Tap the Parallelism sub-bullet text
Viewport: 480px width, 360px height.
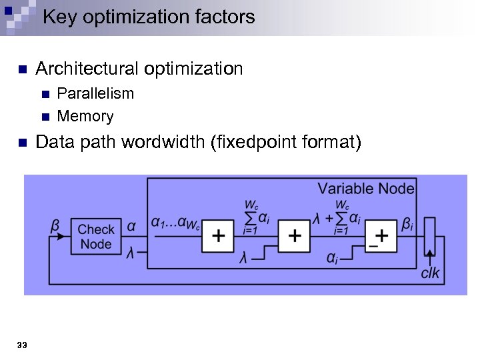(x=95, y=93)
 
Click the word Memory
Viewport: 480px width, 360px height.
(x=85, y=117)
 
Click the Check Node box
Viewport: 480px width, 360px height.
(x=95, y=237)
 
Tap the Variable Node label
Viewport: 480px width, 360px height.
(x=365, y=189)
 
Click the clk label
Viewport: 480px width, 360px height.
(x=430, y=273)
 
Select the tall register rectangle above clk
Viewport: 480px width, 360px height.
(x=429, y=237)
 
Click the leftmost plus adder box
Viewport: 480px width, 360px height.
(x=218, y=236)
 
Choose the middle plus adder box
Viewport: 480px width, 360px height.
(x=294, y=236)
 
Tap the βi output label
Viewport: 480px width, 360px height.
(x=407, y=224)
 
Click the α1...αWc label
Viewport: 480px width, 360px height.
(x=175, y=224)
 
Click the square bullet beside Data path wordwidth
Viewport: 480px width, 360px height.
(x=21, y=143)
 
